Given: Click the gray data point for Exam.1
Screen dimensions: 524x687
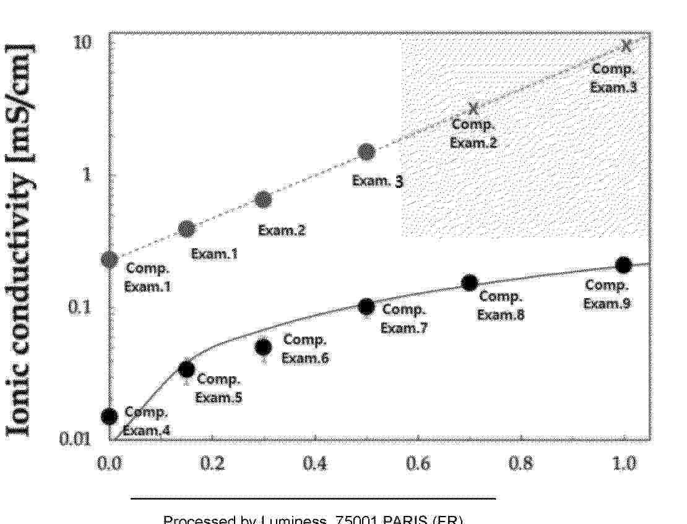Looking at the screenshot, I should tap(186, 229).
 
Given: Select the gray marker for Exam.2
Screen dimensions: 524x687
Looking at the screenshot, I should tap(264, 199).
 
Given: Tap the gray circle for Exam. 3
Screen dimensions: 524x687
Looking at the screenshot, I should tap(366, 152).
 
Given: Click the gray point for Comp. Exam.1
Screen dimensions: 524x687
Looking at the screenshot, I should tap(110, 260).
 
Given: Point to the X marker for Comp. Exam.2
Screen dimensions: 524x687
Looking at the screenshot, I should tap(473, 109).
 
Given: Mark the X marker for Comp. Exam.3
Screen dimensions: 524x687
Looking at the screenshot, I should tap(626, 45).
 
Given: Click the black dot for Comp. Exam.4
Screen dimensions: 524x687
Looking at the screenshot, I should tap(110, 416).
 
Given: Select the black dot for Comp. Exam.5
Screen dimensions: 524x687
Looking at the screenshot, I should tap(186, 369).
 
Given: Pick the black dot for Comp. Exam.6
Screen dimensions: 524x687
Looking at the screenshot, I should tap(264, 347).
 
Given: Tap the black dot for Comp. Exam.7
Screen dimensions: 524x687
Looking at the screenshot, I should tap(366, 306).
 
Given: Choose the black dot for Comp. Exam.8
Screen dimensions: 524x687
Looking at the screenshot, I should tap(470, 283).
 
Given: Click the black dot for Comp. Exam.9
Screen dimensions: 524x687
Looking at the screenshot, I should tap(623, 265).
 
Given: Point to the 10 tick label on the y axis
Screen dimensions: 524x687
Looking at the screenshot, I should tap(83, 42).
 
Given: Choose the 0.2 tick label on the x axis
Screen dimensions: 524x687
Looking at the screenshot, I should tap(212, 463).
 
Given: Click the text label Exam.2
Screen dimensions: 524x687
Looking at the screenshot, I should tap(282, 231).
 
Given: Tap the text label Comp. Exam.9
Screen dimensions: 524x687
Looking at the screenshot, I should tap(607, 294).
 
